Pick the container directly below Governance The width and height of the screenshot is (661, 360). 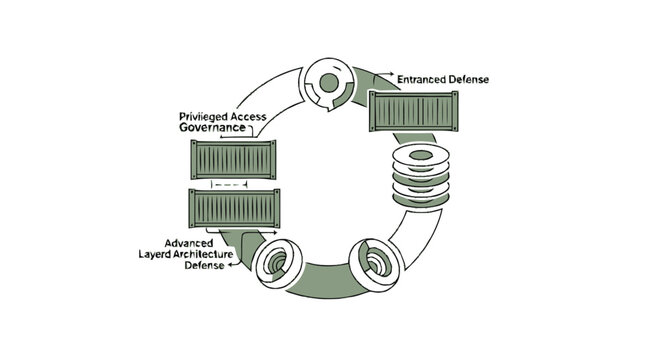pyautogui.click(x=233, y=159)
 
